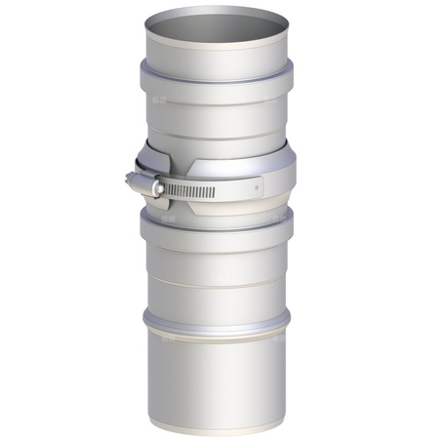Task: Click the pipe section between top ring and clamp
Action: [216, 112]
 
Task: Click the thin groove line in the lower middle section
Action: [216, 284]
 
